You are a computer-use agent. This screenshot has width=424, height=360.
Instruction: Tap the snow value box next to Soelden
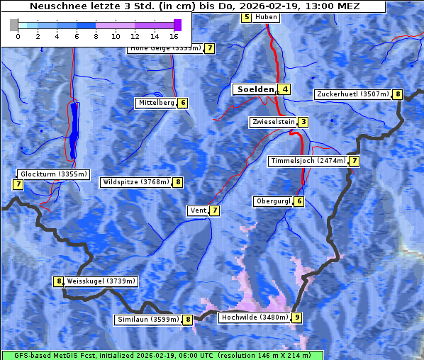(x=285, y=89)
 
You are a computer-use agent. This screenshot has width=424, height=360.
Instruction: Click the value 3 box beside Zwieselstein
(x=303, y=122)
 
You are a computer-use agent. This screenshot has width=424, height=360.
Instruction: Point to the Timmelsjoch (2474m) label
(x=308, y=161)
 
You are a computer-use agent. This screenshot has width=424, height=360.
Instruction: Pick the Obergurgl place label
(x=272, y=201)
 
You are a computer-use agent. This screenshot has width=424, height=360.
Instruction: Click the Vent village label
(x=197, y=210)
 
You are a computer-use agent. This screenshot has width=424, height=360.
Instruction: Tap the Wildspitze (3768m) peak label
(x=135, y=182)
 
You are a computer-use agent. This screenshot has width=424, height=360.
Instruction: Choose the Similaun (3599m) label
(x=147, y=320)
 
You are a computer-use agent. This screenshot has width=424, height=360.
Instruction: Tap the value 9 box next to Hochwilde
(x=296, y=317)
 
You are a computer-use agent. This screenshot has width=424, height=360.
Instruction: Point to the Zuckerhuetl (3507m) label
(x=352, y=94)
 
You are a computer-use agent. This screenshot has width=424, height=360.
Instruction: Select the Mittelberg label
(x=156, y=103)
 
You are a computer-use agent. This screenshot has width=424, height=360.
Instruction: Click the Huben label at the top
(x=266, y=17)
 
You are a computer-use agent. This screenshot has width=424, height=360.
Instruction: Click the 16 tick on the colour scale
(x=174, y=35)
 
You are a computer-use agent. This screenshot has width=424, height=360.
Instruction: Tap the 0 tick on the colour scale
(x=18, y=35)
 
